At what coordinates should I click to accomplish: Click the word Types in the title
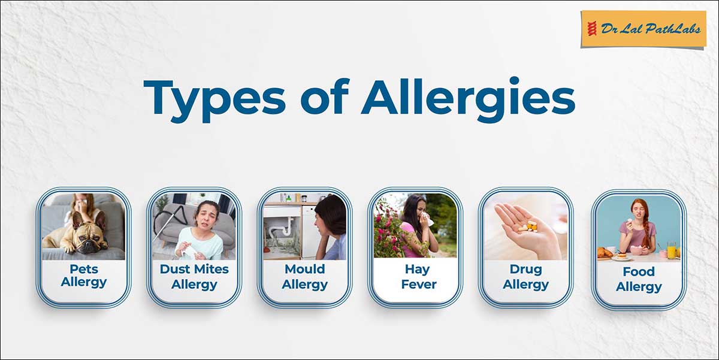click(x=215, y=99)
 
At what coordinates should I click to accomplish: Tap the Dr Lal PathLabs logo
click(x=644, y=29)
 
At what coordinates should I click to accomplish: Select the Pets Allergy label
click(x=84, y=276)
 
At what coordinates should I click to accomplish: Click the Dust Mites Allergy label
click(x=194, y=277)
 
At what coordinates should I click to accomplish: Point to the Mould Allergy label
click(x=304, y=277)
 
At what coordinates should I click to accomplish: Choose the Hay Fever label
click(x=419, y=277)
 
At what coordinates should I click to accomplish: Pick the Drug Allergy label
click(x=526, y=277)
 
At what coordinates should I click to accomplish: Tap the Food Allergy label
click(x=639, y=279)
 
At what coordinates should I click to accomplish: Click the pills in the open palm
click(x=528, y=226)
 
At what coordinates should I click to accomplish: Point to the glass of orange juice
click(x=671, y=250)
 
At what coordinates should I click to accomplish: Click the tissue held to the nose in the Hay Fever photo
click(x=426, y=219)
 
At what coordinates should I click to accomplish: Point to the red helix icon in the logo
click(x=592, y=29)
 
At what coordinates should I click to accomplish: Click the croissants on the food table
click(x=605, y=253)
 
